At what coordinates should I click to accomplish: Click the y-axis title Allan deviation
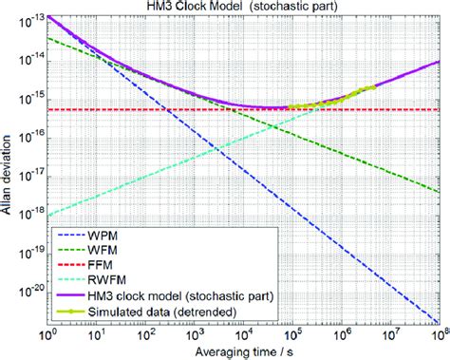[x=8, y=172]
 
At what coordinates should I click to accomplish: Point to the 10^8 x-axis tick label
[x=438, y=337]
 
